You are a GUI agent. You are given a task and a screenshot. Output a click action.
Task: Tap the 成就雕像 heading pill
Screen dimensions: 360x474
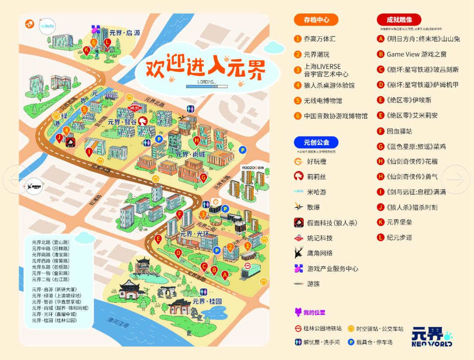[x=399, y=19]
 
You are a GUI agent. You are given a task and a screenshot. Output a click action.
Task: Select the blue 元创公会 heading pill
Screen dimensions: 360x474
[x=316, y=142]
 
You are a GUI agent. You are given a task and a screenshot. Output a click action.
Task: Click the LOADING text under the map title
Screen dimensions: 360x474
[x=207, y=82]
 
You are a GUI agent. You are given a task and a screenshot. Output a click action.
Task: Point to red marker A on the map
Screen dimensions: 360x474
[x=225, y=275]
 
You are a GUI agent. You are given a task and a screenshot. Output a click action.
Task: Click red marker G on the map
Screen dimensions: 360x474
[x=203, y=177]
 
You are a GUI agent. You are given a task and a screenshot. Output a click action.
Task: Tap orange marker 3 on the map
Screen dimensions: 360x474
[x=203, y=214]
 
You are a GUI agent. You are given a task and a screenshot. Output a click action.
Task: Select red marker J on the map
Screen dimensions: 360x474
[x=59, y=137]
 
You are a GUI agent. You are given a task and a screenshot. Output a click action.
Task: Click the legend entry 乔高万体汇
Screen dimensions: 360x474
[x=320, y=39]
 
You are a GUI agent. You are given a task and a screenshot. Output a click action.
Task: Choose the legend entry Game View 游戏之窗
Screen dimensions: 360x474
[x=416, y=54]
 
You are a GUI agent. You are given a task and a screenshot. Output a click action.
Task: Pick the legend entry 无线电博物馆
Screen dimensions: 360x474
[x=323, y=100]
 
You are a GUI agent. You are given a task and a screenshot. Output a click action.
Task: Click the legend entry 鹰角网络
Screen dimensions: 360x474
[x=320, y=253]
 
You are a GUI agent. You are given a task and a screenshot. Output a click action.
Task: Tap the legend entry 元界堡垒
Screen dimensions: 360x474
[x=399, y=222]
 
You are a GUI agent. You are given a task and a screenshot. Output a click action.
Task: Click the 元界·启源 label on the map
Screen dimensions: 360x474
[x=125, y=33]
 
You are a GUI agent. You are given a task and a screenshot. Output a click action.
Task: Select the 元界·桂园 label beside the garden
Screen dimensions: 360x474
[x=207, y=302]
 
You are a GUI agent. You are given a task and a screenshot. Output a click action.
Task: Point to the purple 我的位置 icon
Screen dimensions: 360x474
[x=298, y=312]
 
